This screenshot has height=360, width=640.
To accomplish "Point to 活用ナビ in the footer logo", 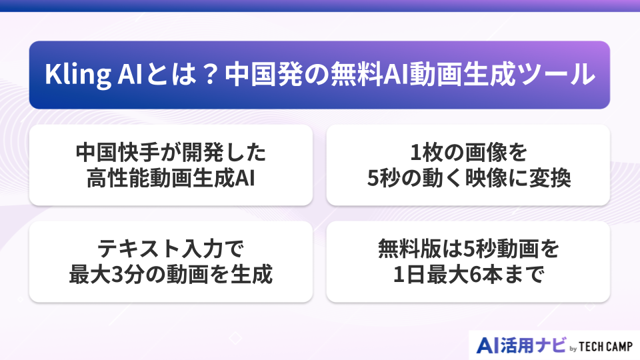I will pyautogui.click(x=533, y=345).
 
